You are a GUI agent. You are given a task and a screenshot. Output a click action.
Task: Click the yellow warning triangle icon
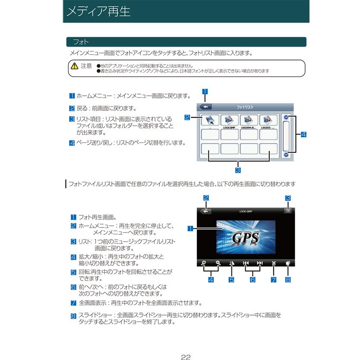74,66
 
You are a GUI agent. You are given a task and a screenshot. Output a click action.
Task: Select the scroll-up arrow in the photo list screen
286,117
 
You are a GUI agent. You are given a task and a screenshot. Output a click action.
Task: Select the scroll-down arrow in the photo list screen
286,154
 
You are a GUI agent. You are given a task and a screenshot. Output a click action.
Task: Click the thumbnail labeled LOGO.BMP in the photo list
229,120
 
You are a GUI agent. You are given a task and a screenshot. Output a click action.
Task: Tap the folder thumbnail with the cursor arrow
210,120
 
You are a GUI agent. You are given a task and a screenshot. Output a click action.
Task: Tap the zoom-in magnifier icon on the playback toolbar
204,263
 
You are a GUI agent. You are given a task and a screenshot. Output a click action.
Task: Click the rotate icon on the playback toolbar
232,263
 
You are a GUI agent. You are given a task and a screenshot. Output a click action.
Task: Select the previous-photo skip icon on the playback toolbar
246,263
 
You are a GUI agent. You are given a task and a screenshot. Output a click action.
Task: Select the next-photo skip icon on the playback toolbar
259,263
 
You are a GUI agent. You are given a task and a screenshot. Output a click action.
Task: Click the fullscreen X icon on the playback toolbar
274,263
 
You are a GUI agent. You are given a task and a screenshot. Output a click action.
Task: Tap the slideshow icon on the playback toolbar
287,263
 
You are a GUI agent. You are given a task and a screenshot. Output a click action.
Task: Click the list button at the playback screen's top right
287,211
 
